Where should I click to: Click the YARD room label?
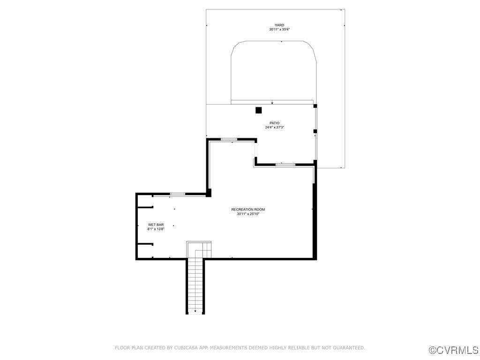279,25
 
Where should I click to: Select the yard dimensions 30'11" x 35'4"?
279,30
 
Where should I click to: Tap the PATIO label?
274,123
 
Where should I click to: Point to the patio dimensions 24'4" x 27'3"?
274,127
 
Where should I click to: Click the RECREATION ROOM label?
248,209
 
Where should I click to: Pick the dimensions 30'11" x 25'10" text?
248,214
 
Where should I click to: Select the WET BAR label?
156,225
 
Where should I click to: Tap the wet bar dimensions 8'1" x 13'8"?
156,229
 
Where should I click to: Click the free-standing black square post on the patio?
258,111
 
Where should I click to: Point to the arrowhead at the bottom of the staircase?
195,311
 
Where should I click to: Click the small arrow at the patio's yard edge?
272,103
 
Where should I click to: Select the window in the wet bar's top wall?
177,194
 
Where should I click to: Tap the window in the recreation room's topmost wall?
229,139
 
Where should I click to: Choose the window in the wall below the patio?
285,165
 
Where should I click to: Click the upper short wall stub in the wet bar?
145,207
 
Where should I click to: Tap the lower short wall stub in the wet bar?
145,244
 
